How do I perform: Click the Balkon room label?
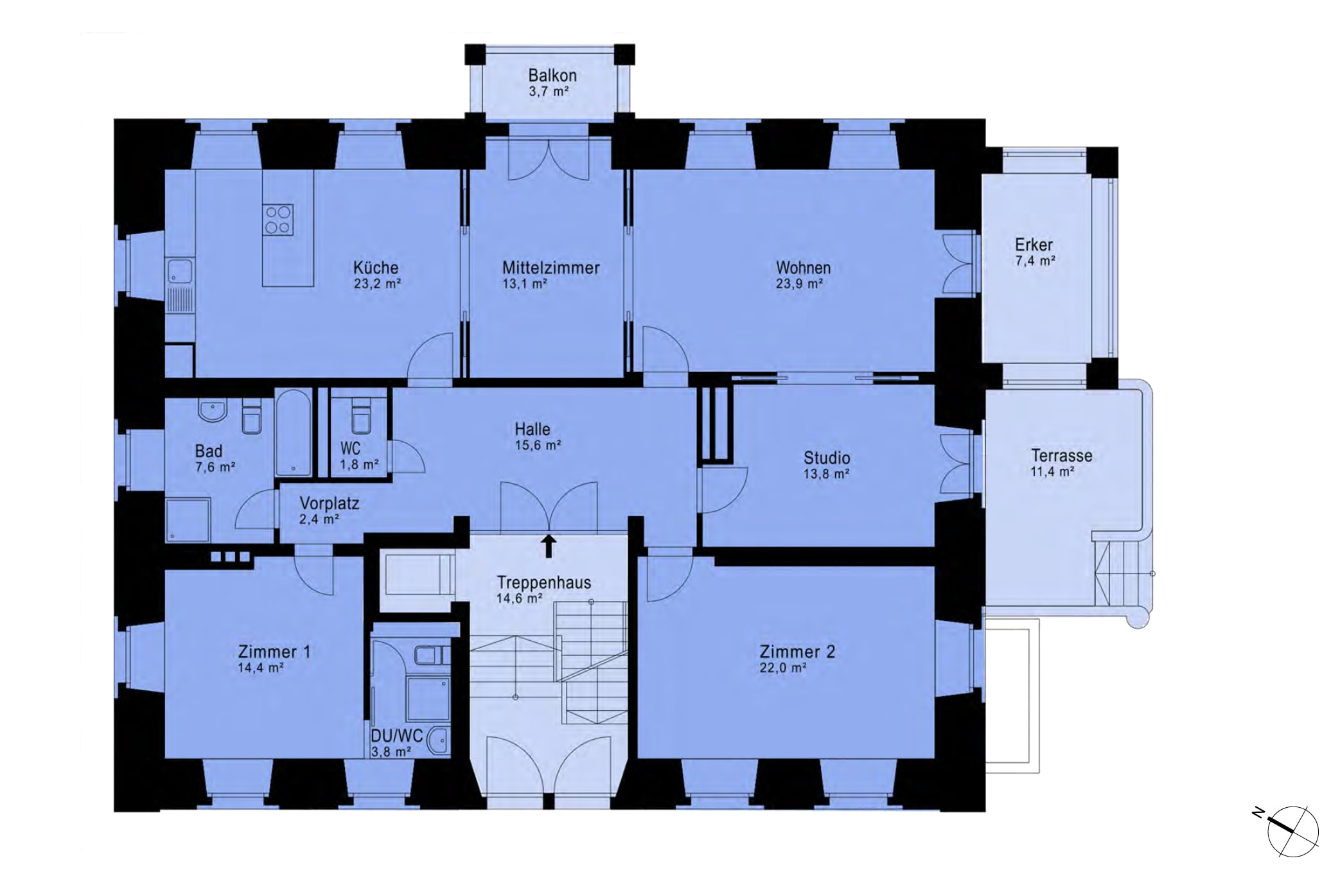pyautogui.click(x=552, y=75)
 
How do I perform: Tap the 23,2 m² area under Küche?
pyautogui.click(x=377, y=284)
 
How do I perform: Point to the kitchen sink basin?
pyautogui.click(x=180, y=270)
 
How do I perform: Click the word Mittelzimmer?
pyautogui.click(x=551, y=268)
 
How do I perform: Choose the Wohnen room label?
pyautogui.click(x=803, y=268)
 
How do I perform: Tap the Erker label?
pyautogui.click(x=1034, y=245)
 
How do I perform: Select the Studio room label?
pyautogui.click(x=827, y=458)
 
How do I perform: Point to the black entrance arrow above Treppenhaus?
pyautogui.click(x=549, y=546)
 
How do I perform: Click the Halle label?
pyautogui.click(x=533, y=429)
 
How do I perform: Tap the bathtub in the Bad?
pyautogui.click(x=294, y=433)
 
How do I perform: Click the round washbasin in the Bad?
pyautogui.click(x=213, y=410)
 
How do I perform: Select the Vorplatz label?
pyautogui.click(x=330, y=503)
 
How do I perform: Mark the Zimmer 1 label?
pyautogui.click(x=274, y=652)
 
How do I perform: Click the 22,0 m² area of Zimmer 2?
pyautogui.click(x=783, y=668)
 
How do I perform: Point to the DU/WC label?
pyautogui.click(x=397, y=735)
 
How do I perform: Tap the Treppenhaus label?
pyautogui.click(x=544, y=583)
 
